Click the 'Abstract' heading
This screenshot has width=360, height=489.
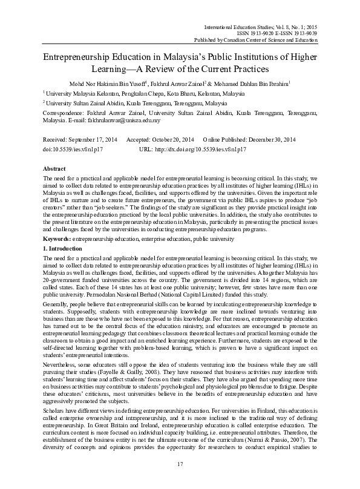pyautogui.click(x=55, y=171)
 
